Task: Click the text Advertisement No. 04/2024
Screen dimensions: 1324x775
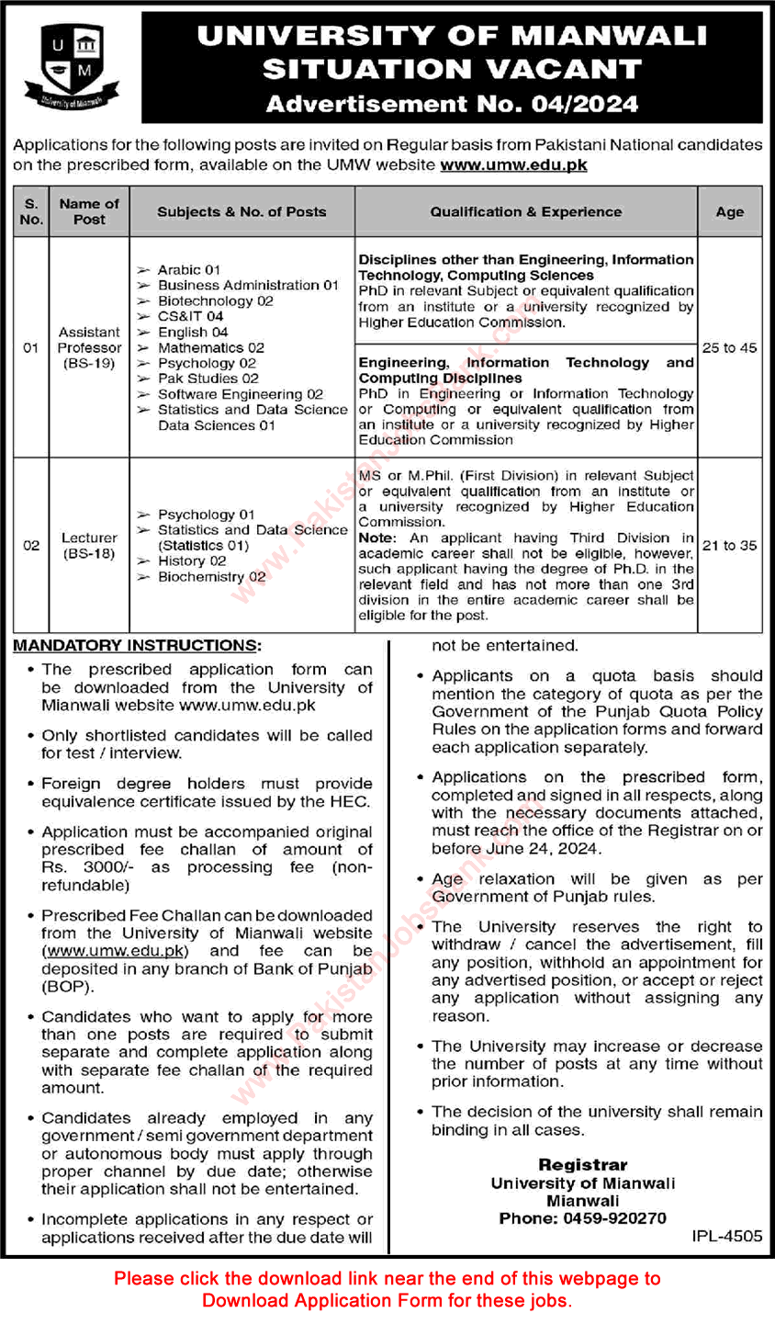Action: (x=452, y=105)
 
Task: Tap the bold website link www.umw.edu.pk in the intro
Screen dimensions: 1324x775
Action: (x=513, y=164)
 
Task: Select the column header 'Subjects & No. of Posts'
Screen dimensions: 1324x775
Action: (x=241, y=211)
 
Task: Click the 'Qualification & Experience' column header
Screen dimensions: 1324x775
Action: (x=525, y=211)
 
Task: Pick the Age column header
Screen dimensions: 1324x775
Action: (x=729, y=211)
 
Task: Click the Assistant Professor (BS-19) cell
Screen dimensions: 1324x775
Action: (x=89, y=347)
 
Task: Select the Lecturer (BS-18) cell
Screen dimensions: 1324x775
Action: (x=89, y=545)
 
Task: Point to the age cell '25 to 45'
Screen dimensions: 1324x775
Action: (x=729, y=348)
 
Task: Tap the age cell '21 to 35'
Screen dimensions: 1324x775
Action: (x=729, y=546)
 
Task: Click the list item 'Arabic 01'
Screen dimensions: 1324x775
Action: (x=188, y=269)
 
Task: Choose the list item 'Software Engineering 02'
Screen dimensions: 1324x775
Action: (x=240, y=394)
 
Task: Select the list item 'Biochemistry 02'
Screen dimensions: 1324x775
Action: (x=211, y=576)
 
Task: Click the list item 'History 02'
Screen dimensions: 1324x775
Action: (x=191, y=560)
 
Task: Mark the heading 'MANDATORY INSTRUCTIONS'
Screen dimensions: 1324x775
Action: (x=136, y=646)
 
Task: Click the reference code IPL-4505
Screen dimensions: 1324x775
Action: (x=726, y=1236)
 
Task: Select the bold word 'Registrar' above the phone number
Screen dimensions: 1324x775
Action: (x=582, y=1165)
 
